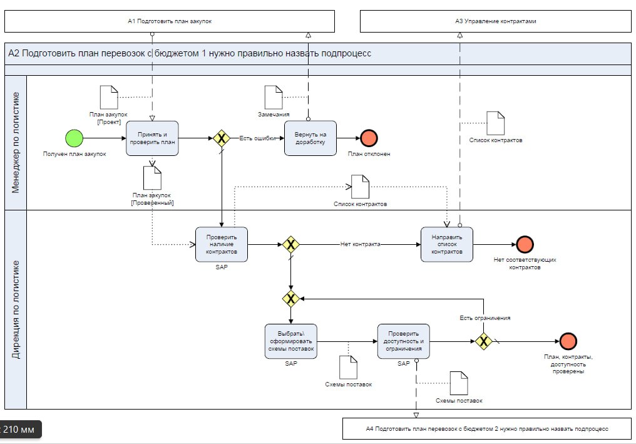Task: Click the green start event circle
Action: (x=74, y=138)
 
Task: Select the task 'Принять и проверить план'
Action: (x=152, y=138)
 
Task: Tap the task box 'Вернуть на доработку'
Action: (x=310, y=138)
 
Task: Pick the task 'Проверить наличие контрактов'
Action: (x=222, y=244)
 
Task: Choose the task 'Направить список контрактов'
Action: (x=447, y=244)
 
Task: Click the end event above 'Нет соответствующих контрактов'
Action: (x=524, y=244)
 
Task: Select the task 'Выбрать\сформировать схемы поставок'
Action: (x=291, y=341)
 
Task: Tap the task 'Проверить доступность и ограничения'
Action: (x=404, y=341)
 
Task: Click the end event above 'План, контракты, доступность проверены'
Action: (x=568, y=341)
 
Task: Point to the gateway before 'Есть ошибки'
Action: (x=221, y=138)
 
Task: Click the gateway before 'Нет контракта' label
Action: (x=290, y=244)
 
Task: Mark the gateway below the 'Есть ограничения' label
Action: (x=483, y=341)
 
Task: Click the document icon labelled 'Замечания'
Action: (x=274, y=97)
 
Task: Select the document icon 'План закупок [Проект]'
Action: (x=109, y=97)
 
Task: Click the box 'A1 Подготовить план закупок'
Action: (x=170, y=21)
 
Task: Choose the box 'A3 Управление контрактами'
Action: (x=495, y=21)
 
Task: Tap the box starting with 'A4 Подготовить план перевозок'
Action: (x=486, y=429)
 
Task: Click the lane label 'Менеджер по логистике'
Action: (x=16, y=142)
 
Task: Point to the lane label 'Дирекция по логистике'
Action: (x=16, y=309)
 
